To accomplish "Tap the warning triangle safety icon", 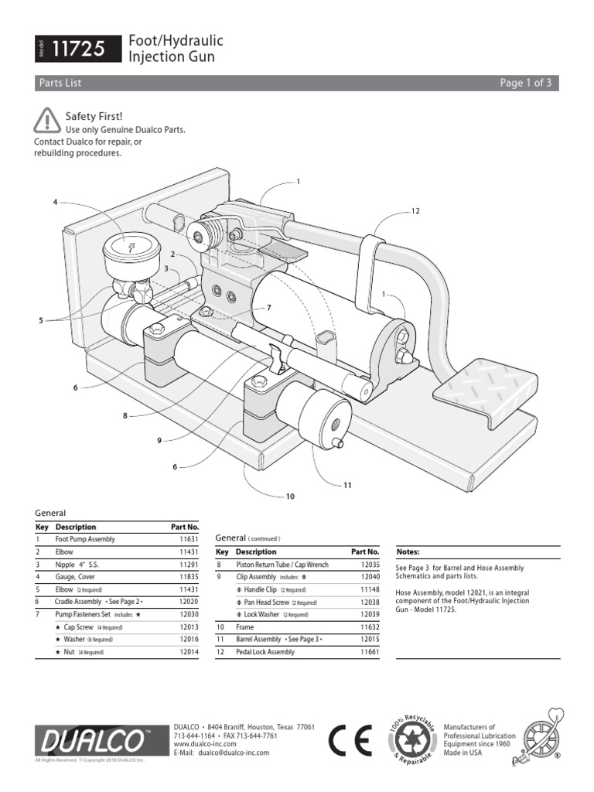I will [47, 120].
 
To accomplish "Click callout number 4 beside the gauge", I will [56, 202].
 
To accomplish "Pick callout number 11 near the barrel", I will [348, 485].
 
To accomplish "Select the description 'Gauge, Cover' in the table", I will [75, 576].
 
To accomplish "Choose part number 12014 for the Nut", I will [189, 652].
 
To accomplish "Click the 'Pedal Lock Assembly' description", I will [265, 652].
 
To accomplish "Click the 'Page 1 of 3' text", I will [525, 83].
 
